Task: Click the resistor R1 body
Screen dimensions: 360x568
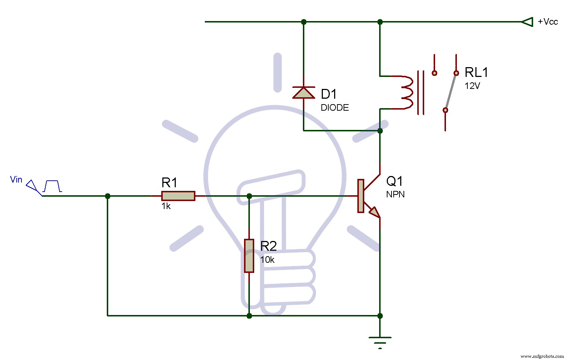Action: pyautogui.click(x=178, y=196)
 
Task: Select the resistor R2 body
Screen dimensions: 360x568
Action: pyautogui.click(x=249, y=255)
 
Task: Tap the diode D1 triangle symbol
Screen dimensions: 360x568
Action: pyautogui.click(x=304, y=93)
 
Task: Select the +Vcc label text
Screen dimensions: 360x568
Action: pyautogui.click(x=548, y=22)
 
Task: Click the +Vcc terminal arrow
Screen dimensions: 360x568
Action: pyautogui.click(x=527, y=22)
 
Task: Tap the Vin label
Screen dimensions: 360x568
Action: pyautogui.click(x=16, y=180)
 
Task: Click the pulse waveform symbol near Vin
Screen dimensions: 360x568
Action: pyautogui.click(x=52, y=186)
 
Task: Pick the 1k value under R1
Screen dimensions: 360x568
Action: pyautogui.click(x=166, y=206)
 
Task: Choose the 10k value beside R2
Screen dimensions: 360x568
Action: pyautogui.click(x=267, y=260)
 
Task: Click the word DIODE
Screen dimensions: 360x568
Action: pyautogui.click(x=334, y=108)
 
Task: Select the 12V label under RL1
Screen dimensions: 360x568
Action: pyautogui.click(x=472, y=86)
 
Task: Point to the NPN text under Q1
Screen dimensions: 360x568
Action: pyautogui.click(x=395, y=195)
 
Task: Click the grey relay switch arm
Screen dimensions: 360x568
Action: pyautogui.click(x=451, y=91)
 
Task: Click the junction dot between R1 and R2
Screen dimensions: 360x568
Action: pyautogui.click(x=249, y=196)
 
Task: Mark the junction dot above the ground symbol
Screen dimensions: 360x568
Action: pyautogui.click(x=380, y=316)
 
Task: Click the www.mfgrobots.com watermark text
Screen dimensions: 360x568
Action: pyautogui.click(x=542, y=356)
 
